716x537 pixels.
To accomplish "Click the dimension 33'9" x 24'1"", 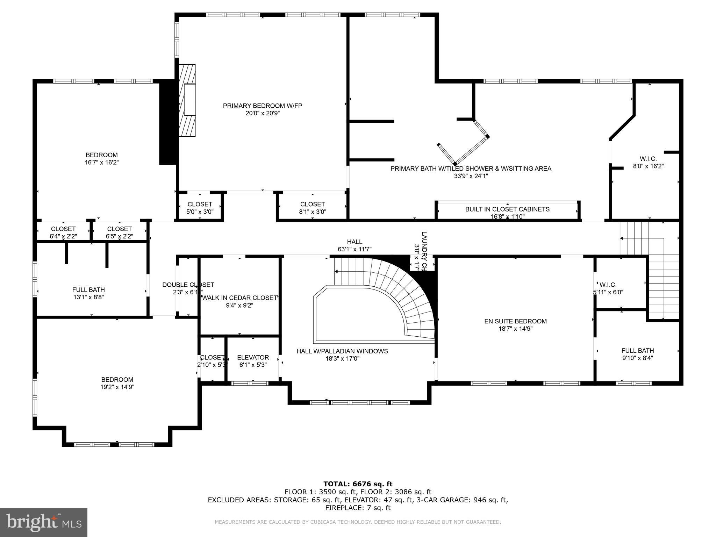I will pyautogui.click(x=471, y=176).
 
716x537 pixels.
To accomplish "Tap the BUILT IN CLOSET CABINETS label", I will pyautogui.click(x=507, y=209).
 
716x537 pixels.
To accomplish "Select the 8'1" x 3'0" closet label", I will pyautogui.click(x=312, y=208).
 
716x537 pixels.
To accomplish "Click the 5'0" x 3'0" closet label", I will pyautogui.click(x=200, y=208).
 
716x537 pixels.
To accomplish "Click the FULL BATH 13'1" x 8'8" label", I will pyautogui.click(x=88, y=293).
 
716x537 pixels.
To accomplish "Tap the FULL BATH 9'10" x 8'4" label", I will pyautogui.click(x=637, y=354).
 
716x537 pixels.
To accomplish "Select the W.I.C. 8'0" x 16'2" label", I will pyautogui.click(x=648, y=163).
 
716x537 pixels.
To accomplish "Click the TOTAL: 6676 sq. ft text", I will pyautogui.click(x=358, y=484).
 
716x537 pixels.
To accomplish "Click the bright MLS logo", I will pyautogui.click(x=44, y=522).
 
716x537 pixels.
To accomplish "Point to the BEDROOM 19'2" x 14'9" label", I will pyautogui.click(x=117, y=383).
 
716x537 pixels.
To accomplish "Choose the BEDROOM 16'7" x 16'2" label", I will pyautogui.click(x=101, y=158).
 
